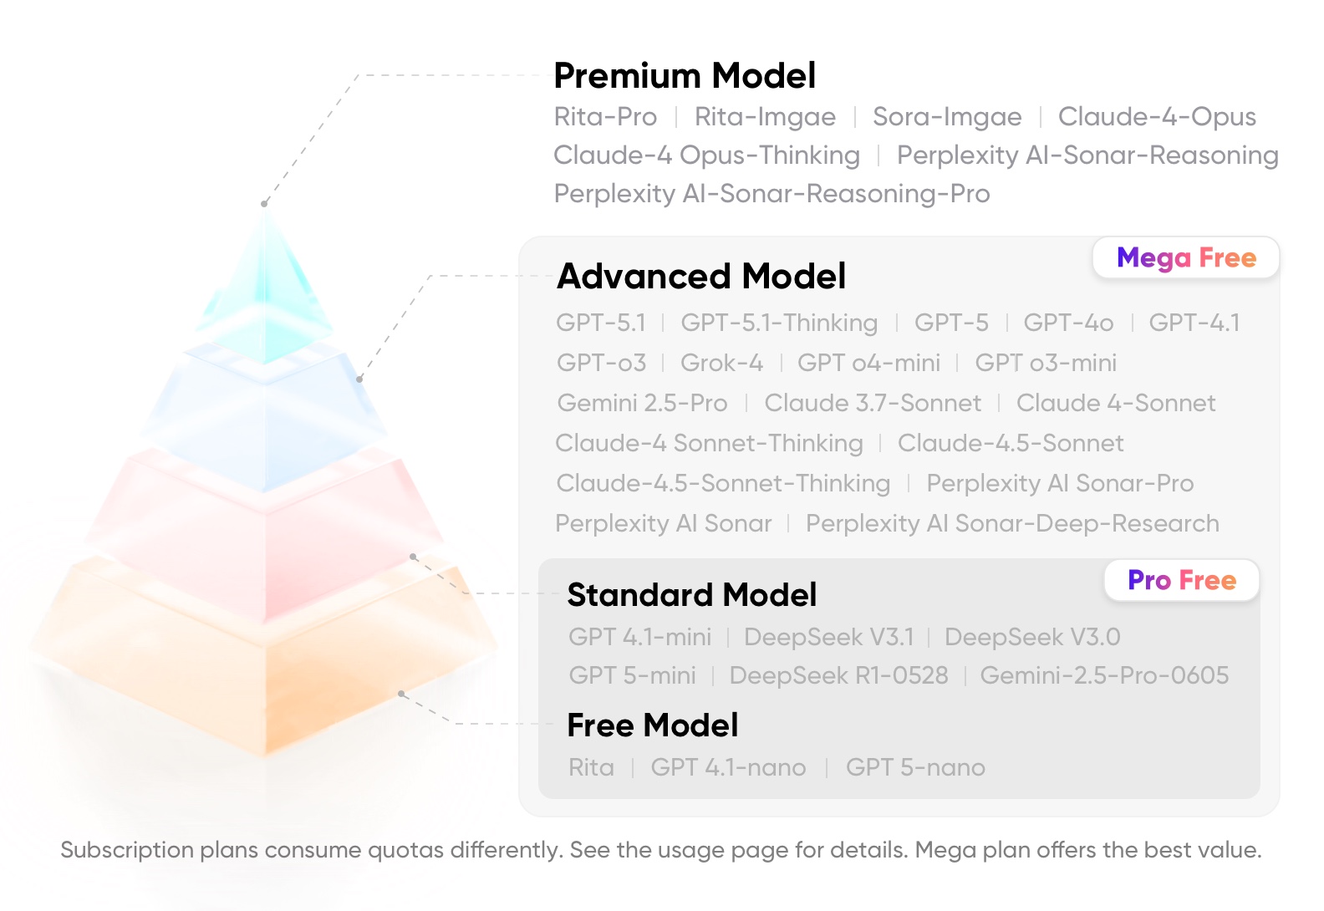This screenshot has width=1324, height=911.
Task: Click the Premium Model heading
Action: [x=685, y=76]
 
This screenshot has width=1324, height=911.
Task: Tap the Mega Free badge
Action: [x=1186, y=257]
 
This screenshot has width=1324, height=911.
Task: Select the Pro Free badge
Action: [x=1182, y=580]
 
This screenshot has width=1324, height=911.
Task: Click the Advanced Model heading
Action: [x=701, y=276]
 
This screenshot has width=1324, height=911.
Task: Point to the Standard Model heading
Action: [x=691, y=594]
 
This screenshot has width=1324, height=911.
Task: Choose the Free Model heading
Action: [x=653, y=725]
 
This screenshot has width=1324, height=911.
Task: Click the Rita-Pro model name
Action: [x=605, y=116]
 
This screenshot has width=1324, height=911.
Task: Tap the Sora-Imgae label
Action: [x=947, y=117]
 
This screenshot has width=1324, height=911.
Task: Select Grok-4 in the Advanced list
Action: [x=721, y=363]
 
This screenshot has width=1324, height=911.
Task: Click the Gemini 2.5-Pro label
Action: [x=642, y=403]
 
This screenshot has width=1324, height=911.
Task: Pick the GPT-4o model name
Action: [x=1068, y=323]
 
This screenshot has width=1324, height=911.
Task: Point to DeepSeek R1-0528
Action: [x=838, y=675]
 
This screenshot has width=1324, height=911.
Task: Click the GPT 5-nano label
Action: [x=915, y=767]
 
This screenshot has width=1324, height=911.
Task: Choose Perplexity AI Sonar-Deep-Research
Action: [x=1012, y=524]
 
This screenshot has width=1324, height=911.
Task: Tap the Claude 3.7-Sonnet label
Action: [x=873, y=403]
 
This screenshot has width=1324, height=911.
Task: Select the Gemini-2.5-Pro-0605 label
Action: [x=1104, y=675]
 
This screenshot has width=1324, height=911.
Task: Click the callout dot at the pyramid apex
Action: [x=264, y=204]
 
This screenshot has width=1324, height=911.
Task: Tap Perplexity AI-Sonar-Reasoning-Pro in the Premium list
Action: [x=772, y=194]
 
